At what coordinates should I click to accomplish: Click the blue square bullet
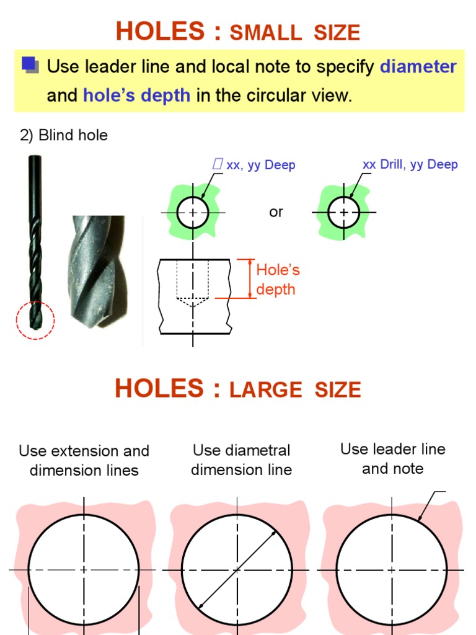tap(29, 63)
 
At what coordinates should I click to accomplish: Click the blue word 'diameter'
tap(418, 66)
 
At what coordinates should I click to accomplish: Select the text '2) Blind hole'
tap(64, 135)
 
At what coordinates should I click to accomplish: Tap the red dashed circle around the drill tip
tap(35, 320)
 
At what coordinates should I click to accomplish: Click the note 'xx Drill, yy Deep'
tap(410, 164)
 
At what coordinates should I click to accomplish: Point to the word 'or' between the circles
tap(276, 212)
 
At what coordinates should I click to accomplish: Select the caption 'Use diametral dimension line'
tap(241, 460)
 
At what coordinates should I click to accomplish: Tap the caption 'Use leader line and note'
tap(393, 459)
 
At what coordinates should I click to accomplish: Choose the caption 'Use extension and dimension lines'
tap(84, 461)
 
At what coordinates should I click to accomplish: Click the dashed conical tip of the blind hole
tap(193, 302)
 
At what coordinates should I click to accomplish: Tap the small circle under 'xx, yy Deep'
tap(193, 212)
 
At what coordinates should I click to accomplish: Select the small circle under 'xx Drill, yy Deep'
tap(343, 212)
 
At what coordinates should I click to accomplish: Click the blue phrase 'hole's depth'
tap(136, 96)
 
